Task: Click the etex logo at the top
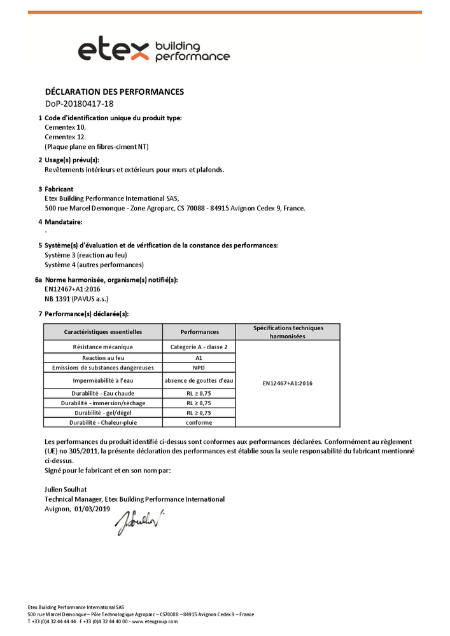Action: [x=153, y=50]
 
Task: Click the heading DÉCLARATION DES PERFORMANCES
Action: [x=115, y=92]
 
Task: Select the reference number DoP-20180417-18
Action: [x=79, y=104]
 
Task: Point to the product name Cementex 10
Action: [x=65, y=127]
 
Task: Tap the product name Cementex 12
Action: [x=65, y=137]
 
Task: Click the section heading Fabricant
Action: [x=59, y=189]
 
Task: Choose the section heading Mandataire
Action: [x=64, y=222]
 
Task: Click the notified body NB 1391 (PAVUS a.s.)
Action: [x=76, y=298]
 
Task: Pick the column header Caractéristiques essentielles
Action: [x=103, y=332]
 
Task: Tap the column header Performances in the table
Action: [x=199, y=332]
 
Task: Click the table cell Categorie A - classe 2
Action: [x=199, y=347]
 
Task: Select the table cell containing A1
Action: [x=199, y=358]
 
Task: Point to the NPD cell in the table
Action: [x=199, y=368]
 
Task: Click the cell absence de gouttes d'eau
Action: [x=199, y=381]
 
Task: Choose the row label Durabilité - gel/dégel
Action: [x=103, y=413]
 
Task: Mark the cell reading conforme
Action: [x=199, y=422]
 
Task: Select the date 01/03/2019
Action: [x=92, y=509]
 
